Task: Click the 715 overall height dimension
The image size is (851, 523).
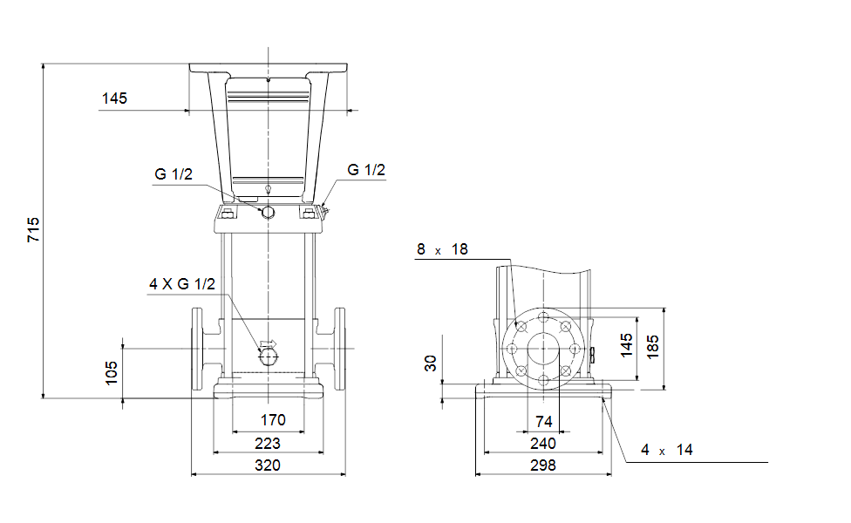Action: click(34, 229)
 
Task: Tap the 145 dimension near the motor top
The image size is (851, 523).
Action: click(114, 98)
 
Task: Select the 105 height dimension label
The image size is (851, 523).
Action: click(112, 373)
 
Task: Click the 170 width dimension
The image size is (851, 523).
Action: click(273, 420)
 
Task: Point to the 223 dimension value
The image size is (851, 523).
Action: click(268, 444)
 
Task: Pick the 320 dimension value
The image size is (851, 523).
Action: click(268, 465)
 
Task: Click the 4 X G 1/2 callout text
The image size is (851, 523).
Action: click(182, 284)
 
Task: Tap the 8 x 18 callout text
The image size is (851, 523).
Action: click(442, 249)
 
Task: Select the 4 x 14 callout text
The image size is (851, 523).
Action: click(667, 450)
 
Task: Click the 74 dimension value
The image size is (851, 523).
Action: click(544, 422)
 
